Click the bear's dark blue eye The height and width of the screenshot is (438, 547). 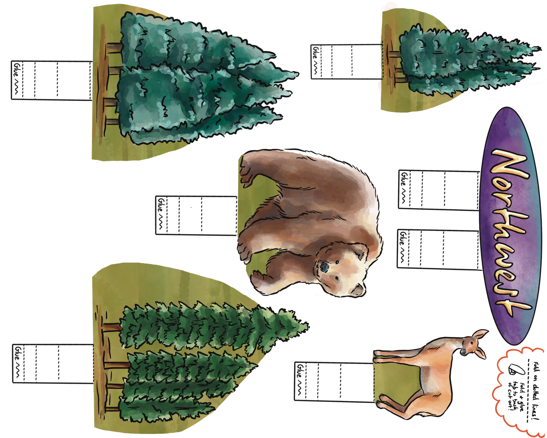324,267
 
